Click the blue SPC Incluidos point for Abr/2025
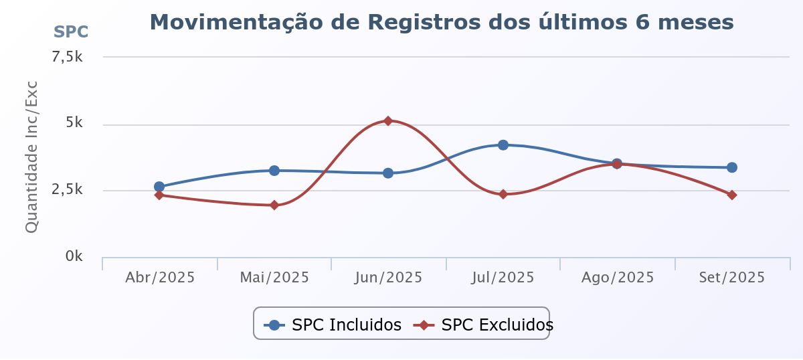(159, 187)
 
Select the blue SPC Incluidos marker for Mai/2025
(274, 171)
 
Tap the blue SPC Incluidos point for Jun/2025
(388, 173)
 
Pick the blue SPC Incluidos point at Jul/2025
(503, 145)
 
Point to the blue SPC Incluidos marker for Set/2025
(732, 167)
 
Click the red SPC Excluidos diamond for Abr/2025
(159, 195)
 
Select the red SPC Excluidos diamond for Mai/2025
(274, 205)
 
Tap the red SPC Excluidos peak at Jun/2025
(388, 120)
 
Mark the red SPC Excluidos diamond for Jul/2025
(503, 195)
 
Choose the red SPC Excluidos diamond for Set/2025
(732, 195)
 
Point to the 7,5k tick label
(68, 58)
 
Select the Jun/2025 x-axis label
(388, 278)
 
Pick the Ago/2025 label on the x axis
(618, 278)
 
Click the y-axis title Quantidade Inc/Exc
(31, 157)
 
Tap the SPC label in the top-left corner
(71, 31)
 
